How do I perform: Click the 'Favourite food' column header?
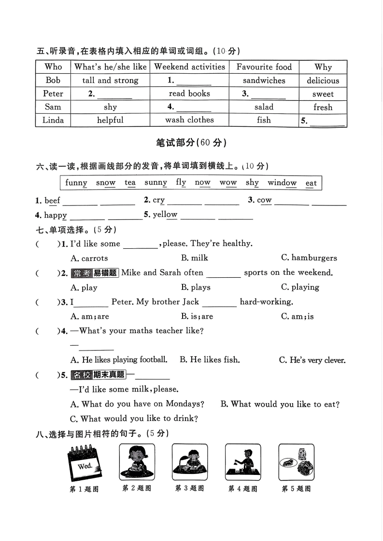click(x=264, y=67)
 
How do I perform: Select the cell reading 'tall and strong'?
click(x=110, y=81)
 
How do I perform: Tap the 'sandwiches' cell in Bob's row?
click(x=264, y=81)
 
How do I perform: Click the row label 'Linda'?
click(x=53, y=120)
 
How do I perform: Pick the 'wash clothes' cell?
click(x=189, y=120)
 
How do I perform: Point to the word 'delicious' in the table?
click(x=323, y=81)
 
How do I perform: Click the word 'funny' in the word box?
click(x=76, y=183)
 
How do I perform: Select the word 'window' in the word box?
click(x=282, y=183)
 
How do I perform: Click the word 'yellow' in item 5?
click(x=165, y=215)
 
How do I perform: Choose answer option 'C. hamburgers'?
click(x=309, y=258)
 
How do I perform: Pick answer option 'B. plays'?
click(x=196, y=287)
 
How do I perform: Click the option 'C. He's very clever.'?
click(x=312, y=360)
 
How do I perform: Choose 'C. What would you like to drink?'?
click(x=134, y=419)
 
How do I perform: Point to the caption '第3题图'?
click(x=189, y=488)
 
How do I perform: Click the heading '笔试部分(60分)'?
click(x=191, y=142)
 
